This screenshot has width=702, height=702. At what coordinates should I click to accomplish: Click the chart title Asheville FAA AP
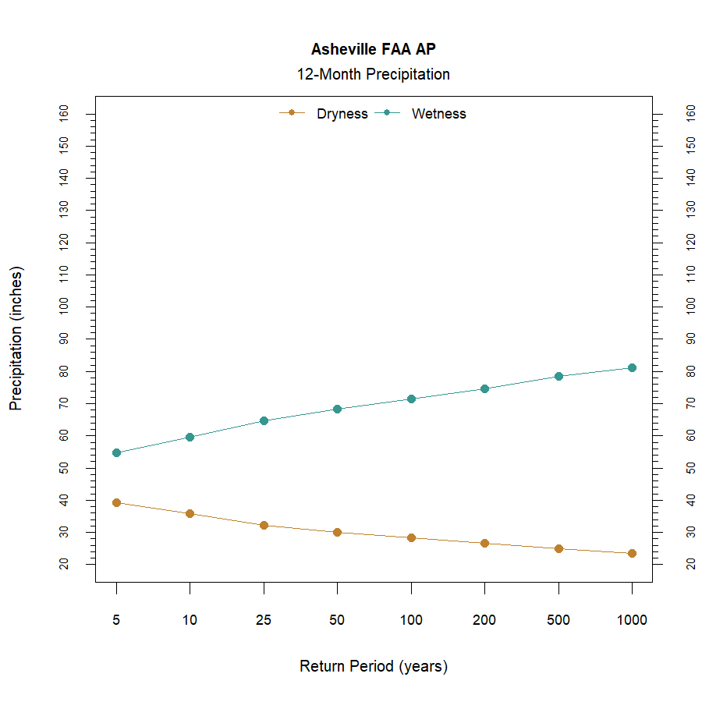[373, 49]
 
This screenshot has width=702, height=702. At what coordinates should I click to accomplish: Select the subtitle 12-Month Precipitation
[373, 75]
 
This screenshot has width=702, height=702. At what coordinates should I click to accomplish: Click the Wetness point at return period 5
[116, 452]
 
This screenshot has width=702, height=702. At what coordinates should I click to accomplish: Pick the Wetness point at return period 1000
[632, 367]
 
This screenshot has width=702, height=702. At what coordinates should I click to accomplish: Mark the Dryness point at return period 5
[116, 502]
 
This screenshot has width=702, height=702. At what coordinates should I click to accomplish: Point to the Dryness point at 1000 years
[632, 553]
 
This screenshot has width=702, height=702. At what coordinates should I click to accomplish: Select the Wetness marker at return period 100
[411, 399]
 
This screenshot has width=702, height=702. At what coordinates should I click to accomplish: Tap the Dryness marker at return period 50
[337, 532]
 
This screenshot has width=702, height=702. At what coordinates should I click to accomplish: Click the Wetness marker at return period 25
[264, 420]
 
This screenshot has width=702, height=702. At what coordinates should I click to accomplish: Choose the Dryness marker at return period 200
[484, 543]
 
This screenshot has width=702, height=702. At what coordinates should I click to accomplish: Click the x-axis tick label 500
[558, 620]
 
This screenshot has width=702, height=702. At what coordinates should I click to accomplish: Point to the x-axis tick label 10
[190, 620]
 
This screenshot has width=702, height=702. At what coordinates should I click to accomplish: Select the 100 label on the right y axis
[690, 307]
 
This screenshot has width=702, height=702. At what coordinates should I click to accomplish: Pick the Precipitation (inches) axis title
[16, 339]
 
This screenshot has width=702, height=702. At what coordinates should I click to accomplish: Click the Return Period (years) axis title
[373, 667]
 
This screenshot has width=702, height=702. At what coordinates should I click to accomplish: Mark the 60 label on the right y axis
[690, 435]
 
